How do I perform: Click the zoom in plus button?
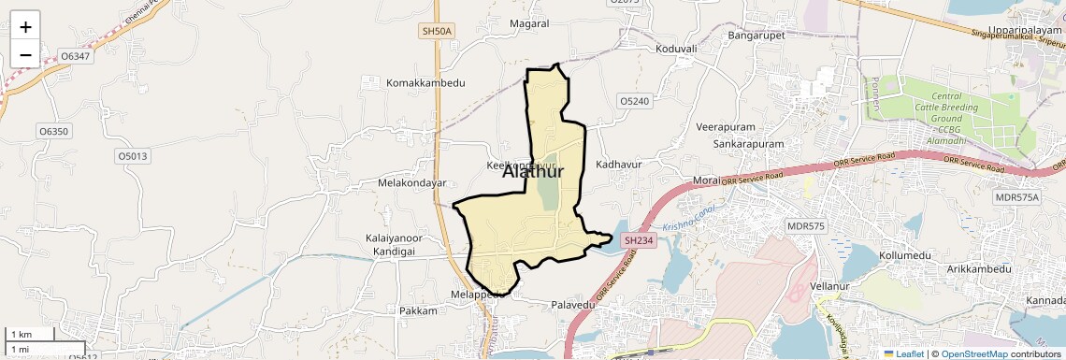[x=25, y=27]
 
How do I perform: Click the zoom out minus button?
[x=25, y=55]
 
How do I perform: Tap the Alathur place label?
[x=533, y=171]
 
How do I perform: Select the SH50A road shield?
[x=437, y=32]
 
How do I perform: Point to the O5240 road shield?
[x=634, y=100]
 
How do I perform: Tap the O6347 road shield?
[x=75, y=57]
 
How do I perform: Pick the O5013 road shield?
[x=132, y=156]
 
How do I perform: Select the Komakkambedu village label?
[x=425, y=83]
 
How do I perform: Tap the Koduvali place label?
[x=677, y=49]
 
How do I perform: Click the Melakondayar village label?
[x=411, y=183]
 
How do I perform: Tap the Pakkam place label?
[x=418, y=310]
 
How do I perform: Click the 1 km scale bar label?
[x=22, y=334]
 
